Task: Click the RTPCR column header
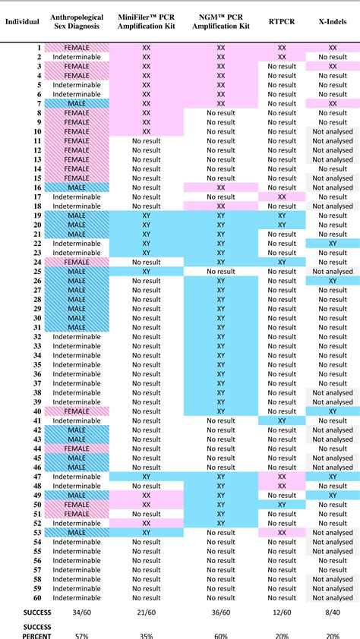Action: click(x=282, y=21)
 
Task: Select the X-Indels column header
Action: click(x=333, y=21)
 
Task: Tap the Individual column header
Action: click(x=22, y=21)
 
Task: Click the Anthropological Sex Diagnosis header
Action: click(x=77, y=21)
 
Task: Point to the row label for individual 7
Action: click(x=37, y=103)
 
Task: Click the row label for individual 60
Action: click(x=36, y=598)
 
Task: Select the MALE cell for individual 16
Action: click(x=77, y=187)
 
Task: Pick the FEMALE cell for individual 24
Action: click(x=77, y=262)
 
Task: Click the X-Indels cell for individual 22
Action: click(x=333, y=244)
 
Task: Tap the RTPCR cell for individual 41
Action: click(x=282, y=420)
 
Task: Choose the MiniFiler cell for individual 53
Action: click(x=147, y=533)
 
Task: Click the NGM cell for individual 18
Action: click(x=221, y=206)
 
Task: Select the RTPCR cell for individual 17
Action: click(x=282, y=197)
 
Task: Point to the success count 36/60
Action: click(x=221, y=612)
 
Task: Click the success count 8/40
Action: click(x=333, y=612)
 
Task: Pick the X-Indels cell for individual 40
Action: click(x=333, y=411)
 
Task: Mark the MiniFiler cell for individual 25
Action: click(x=147, y=271)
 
